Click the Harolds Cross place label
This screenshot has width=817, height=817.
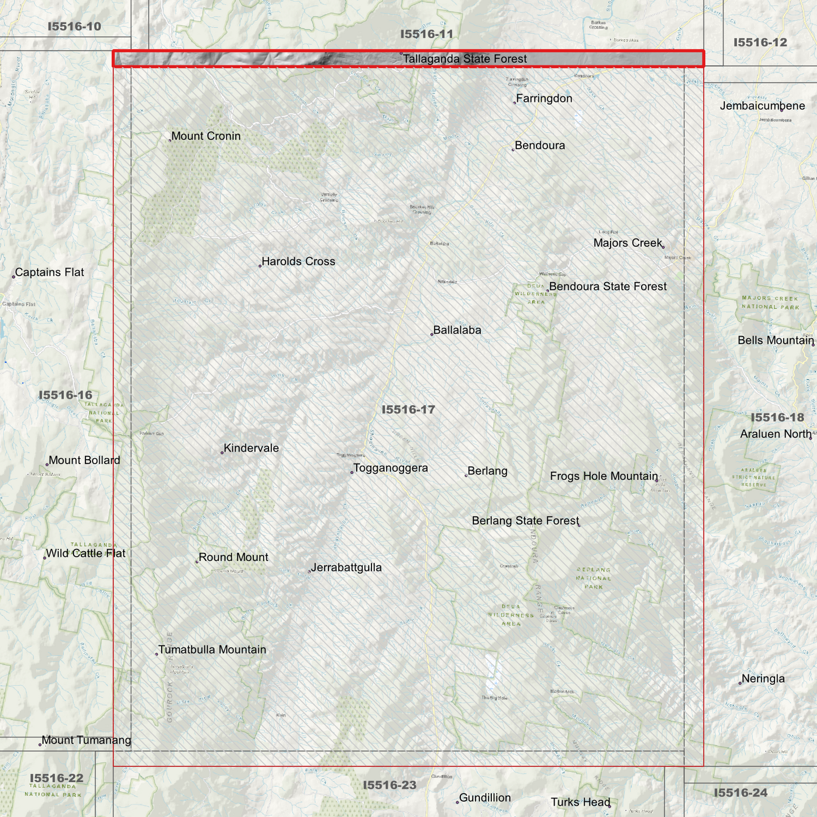tap(298, 262)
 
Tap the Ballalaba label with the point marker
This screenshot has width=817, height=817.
tap(457, 330)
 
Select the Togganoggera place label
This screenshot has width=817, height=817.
tap(390, 468)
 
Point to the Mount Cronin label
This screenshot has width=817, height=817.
tap(206, 136)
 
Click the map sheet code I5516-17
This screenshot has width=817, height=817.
tap(408, 409)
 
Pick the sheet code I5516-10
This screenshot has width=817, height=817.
tap(74, 27)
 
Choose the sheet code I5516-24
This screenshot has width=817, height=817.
tap(740, 793)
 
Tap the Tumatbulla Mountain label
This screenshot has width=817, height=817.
tap(212, 650)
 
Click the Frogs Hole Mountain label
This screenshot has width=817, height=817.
tap(604, 476)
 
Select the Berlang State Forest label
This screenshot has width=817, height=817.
tap(525, 521)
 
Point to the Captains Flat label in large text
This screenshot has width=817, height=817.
tap(49, 273)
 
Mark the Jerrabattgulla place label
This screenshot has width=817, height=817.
tap(346, 568)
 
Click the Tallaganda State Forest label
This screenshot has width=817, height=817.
tap(465, 59)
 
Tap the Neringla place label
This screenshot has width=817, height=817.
tap(763, 679)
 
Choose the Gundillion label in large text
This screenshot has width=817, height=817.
tap(485, 798)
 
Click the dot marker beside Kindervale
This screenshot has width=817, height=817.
tap(222, 453)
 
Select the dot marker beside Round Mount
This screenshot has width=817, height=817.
tap(197, 562)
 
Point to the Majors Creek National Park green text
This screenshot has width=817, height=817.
tap(770, 302)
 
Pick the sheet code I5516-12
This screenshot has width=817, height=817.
tap(760, 42)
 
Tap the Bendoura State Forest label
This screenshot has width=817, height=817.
tap(608, 287)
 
